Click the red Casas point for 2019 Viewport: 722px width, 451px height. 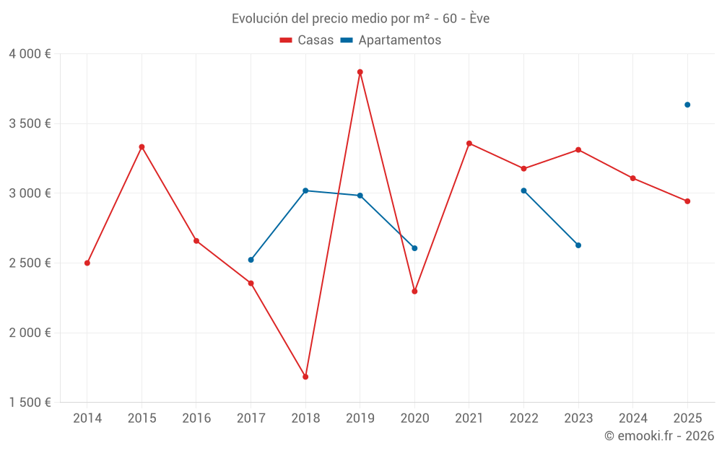click(x=360, y=72)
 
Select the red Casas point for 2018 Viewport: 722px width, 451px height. click(x=305, y=377)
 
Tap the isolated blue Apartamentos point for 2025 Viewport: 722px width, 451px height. click(x=687, y=105)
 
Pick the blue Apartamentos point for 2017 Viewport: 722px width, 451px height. click(x=251, y=260)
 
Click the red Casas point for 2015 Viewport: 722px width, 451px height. click(x=142, y=146)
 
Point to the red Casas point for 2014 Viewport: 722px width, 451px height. click(x=87, y=263)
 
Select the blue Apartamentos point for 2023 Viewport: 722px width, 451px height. click(x=578, y=245)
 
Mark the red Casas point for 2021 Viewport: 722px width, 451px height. click(x=469, y=143)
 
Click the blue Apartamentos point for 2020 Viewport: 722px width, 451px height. click(x=414, y=248)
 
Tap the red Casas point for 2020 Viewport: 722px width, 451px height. click(x=414, y=292)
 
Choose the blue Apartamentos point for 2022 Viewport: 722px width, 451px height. click(x=523, y=191)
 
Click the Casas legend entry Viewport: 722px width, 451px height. click(x=307, y=40)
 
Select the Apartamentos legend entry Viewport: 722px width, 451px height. click(x=391, y=40)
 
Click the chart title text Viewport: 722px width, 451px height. click(x=360, y=19)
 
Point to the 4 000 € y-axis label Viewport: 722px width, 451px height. click(x=30, y=53)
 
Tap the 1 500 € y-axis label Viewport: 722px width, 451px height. click(x=30, y=403)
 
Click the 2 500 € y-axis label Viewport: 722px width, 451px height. click(x=30, y=263)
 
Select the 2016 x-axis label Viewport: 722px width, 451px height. click(x=196, y=418)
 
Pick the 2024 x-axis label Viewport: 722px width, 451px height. click(x=632, y=418)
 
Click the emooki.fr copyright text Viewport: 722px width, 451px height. click(x=658, y=436)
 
